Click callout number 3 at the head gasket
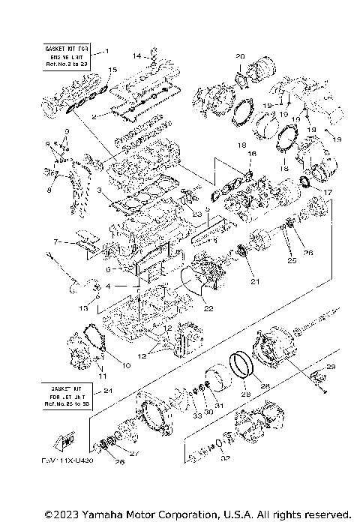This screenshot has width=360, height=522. tap(99, 190)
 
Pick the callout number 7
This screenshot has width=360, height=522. tap(56, 242)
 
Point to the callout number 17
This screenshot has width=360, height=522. tap(327, 193)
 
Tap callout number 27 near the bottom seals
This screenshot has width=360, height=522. tap(135, 452)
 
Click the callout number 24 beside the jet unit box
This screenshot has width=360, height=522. tap(108, 390)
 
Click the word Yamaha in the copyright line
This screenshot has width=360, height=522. tap(97, 514)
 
